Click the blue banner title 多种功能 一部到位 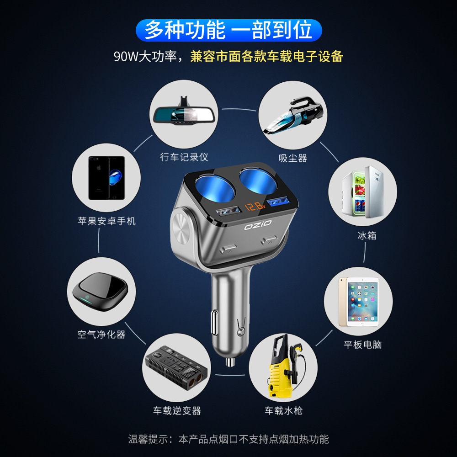click(x=229, y=30)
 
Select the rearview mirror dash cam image click(x=184, y=112)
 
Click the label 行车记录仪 click(x=184, y=157)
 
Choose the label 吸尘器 click(x=293, y=158)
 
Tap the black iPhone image click(x=106, y=178)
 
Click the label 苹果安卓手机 click(x=106, y=221)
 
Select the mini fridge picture click(x=362, y=192)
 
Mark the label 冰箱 click(x=367, y=235)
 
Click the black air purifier click(x=100, y=292)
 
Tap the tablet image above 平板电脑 click(x=359, y=302)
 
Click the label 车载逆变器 click(x=177, y=411)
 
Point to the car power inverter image click(x=176, y=368)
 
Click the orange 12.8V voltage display click(x=255, y=207)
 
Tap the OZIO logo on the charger click(x=258, y=225)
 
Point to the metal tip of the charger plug click(x=230, y=362)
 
